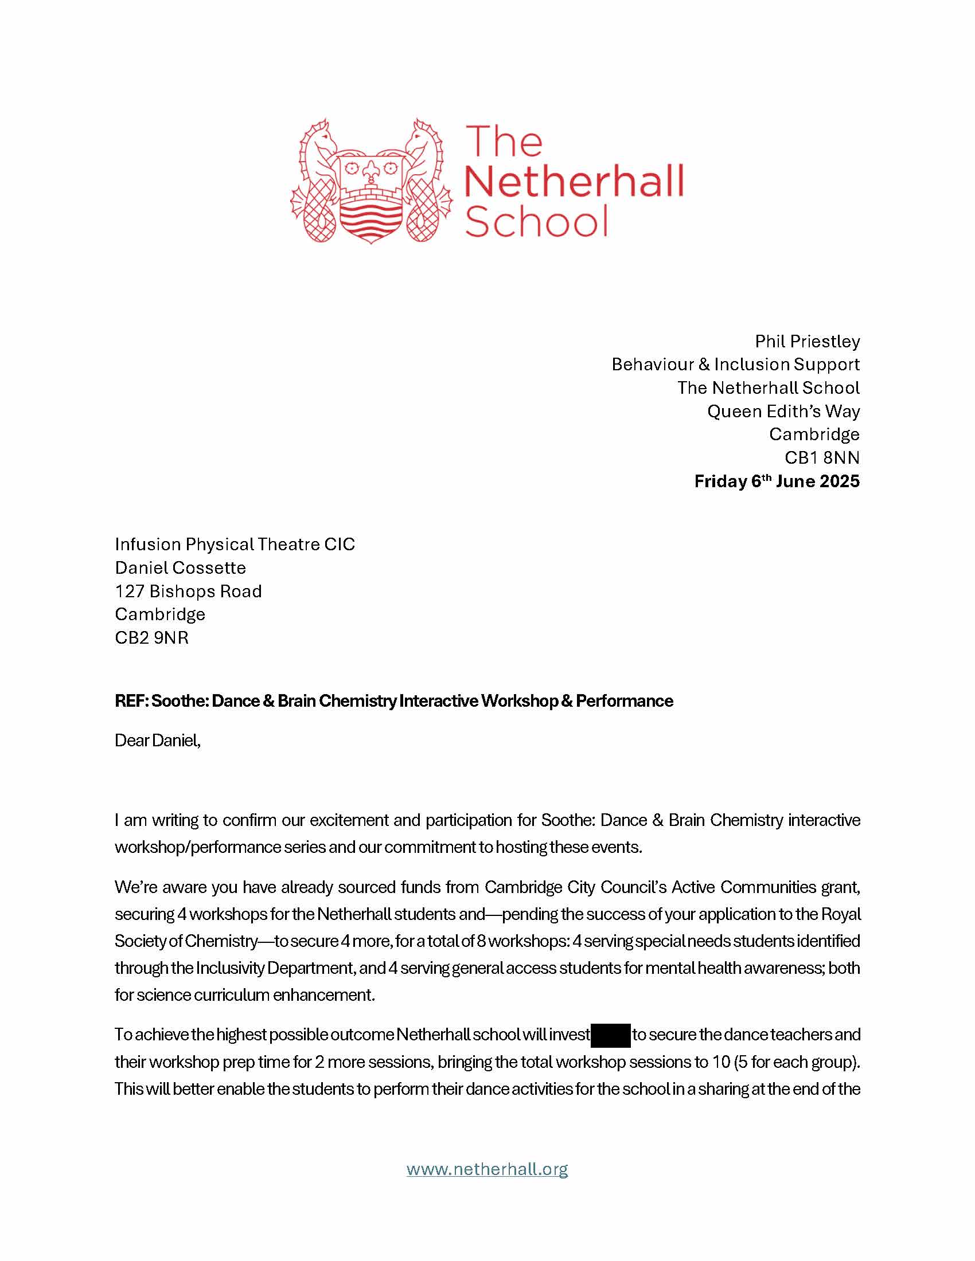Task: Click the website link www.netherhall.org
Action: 487,1169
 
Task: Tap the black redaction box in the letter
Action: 610,1034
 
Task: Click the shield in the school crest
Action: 371,196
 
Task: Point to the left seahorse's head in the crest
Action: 319,137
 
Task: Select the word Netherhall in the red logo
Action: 574,181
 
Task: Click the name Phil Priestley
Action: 807,341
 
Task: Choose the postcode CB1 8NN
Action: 821,458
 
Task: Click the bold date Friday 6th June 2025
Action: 777,481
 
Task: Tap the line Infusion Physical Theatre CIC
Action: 235,544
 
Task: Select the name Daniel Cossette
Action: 180,567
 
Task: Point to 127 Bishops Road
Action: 188,592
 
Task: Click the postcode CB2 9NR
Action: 152,637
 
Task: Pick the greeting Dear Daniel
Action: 157,740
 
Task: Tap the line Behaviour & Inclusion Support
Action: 735,365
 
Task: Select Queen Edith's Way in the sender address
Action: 783,411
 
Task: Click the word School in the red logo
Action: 537,221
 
